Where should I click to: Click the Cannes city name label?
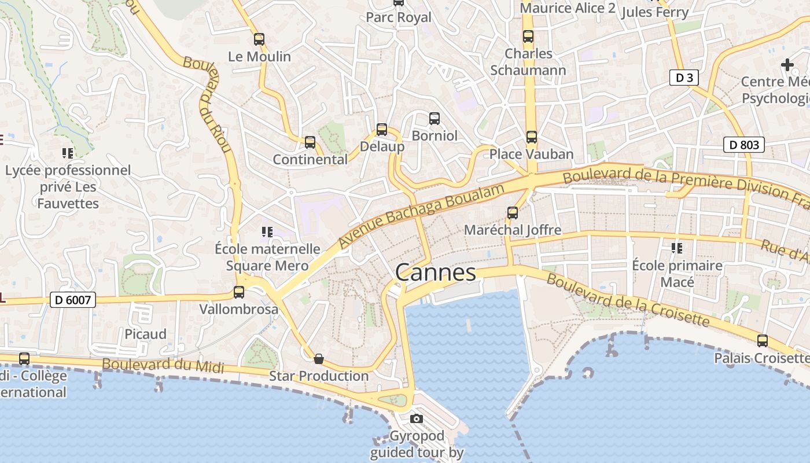coord(436,273)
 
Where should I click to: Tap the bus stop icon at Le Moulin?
coord(259,39)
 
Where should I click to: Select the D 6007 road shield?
coord(72,300)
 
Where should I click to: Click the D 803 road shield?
coord(744,145)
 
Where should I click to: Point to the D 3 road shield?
coord(684,78)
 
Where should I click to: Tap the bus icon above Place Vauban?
coord(532,137)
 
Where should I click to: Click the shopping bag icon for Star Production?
coord(318,359)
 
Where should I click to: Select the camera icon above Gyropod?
coord(417,418)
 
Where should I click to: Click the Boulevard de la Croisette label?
coord(628,300)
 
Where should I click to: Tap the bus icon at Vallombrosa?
coord(239,292)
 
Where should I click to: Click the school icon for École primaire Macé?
coord(677,249)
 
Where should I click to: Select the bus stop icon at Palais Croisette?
coord(763,341)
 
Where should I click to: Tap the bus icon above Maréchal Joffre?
coord(513,213)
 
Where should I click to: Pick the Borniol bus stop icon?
coord(435,119)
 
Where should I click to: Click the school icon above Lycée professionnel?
coord(68,153)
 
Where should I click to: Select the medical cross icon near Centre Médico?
coord(787,65)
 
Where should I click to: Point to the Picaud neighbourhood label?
coord(145,334)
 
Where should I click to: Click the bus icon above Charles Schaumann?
coord(528,36)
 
